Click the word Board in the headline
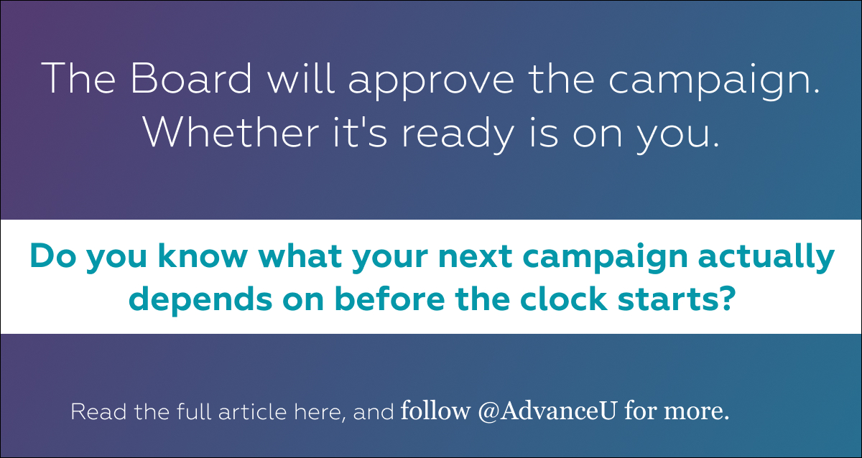coord(191,78)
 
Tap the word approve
coord(432,82)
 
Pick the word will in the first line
coord(300,78)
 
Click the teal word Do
coord(53,256)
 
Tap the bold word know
coord(203,256)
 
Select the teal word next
coord(476,257)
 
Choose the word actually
coord(766,258)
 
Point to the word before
coord(390,299)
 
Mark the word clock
coord(564,299)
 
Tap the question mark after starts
coord(726,299)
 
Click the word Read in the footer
coord(98,412)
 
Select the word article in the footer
coord(252,412)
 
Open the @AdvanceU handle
coord(547,411)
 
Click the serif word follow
coord(435,411)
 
